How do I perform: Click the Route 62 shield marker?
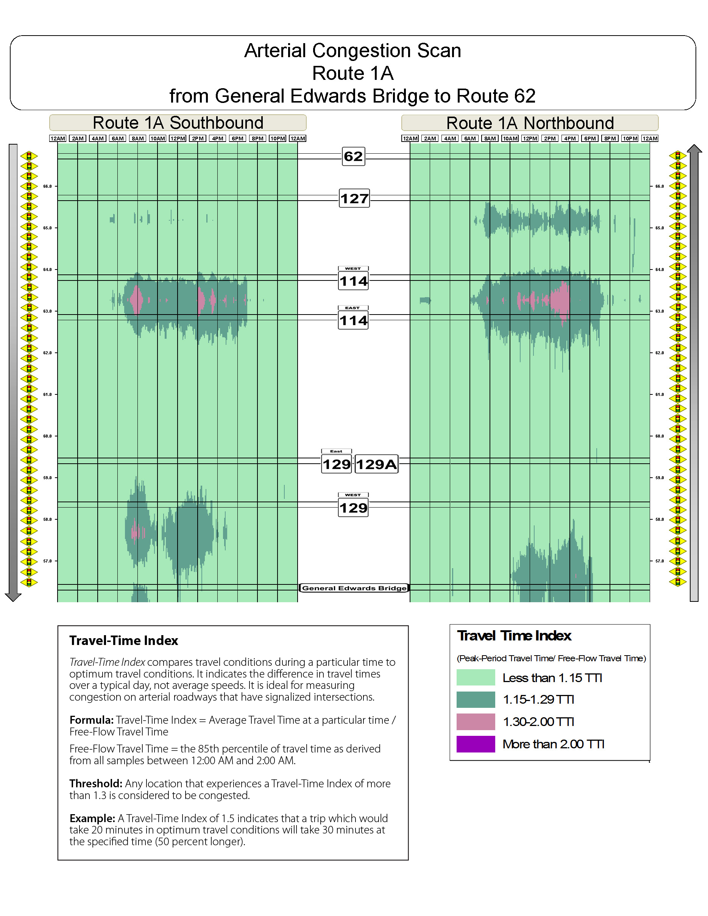click(353, 156)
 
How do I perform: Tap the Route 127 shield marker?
click(354, 198)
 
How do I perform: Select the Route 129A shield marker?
click(376, 464)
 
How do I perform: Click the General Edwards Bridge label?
click(354, 588)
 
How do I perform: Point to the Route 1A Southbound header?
click(178, 123)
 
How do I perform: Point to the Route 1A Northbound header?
click(530, 123)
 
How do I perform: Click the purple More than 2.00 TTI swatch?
click(476, 744)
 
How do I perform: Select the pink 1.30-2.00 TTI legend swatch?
click(476, 722)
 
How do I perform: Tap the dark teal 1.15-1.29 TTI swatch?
click(476, 699)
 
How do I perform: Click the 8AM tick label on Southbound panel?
click(137, 139)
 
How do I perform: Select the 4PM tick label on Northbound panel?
click(569, 139)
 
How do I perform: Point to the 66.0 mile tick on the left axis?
click(48, 186)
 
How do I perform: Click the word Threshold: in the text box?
click(96, 784)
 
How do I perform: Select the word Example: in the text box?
click(92, 818)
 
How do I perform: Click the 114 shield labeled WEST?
click(353, 280)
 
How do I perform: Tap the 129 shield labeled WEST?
click(353, 508)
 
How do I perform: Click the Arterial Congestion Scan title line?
click(352, 51)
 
